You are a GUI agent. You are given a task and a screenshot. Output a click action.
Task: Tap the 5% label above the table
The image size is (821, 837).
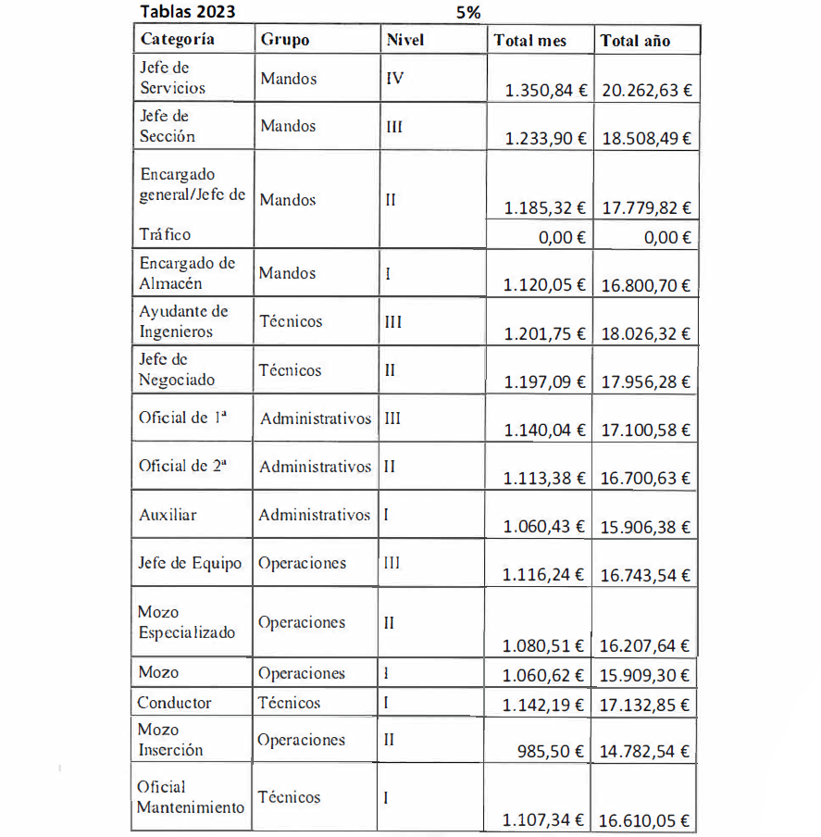tap(467, 12)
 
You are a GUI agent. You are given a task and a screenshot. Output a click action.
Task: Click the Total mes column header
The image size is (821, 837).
tap(529, 41)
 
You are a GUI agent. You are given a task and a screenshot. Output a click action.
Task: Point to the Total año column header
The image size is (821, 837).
tap(635, 41)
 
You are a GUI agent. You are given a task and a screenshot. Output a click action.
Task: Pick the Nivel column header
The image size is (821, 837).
tap(404, 40)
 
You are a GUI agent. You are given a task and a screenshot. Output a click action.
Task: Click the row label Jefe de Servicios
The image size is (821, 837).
tap(171, 78)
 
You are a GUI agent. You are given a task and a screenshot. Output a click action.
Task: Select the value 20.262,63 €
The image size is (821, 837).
tap(646, 91)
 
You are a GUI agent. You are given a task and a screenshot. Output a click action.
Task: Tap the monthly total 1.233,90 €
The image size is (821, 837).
tap(544, 138)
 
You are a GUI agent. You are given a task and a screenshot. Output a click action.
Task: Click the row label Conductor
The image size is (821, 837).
tap(174, 703)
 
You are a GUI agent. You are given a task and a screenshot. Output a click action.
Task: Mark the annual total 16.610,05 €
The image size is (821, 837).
tap(645, 820)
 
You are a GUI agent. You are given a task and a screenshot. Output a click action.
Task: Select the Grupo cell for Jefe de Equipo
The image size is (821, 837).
tap(302, 563)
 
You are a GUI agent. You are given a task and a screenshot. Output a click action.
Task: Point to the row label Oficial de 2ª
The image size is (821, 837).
tap(182, 467)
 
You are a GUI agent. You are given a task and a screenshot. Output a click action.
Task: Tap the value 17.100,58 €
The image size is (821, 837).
tap(646, 430)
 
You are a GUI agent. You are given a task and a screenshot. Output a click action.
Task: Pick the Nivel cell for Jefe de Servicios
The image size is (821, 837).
tap(393, 79)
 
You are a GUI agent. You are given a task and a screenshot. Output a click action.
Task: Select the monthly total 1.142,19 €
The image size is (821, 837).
tap(543, 705)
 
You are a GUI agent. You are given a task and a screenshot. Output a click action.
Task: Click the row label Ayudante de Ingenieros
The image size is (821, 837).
tap(182, 321)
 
